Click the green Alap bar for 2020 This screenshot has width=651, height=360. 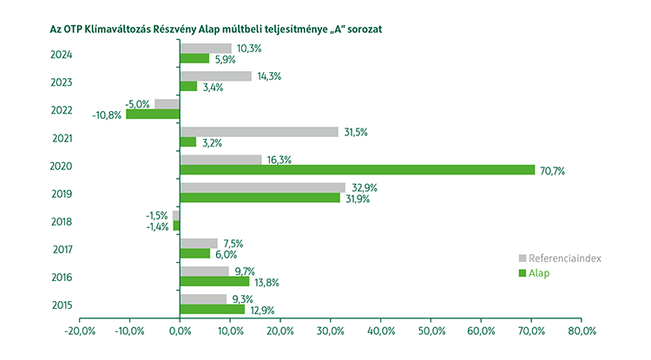[357, 170]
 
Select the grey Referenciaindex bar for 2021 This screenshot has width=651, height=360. [259, 132]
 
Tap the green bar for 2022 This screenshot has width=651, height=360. [153, 114]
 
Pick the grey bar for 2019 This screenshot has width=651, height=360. [262, 187]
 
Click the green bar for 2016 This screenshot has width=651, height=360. [214, 281]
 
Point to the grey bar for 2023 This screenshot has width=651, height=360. [215, 76]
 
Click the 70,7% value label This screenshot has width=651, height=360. [552, 171]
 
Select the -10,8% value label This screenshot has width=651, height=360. [108, 115]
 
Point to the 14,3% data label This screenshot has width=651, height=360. [268, 76]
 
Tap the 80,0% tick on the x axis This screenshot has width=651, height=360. [581, 331]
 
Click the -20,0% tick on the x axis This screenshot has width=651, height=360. [79, 331]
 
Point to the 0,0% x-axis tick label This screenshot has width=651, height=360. [180, 331]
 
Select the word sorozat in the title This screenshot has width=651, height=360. [362, 28]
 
